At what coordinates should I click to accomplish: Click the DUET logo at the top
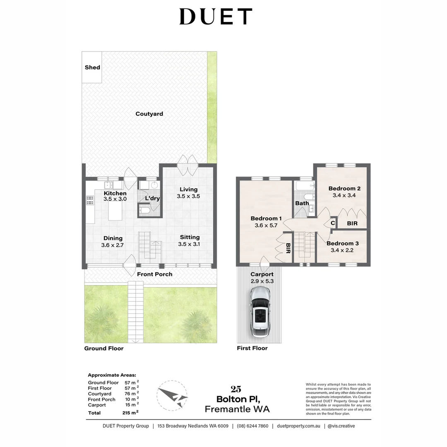pyautogui.click(x=216, y=17)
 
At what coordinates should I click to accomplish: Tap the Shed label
pyautogui.click(x=92, y=67)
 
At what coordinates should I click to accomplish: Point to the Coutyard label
pyautogui.click(x=149, y=114)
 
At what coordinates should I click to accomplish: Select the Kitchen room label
pyautogui.click(x=115, y=193)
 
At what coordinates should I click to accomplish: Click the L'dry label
pyautogui.click(x=152, y=198)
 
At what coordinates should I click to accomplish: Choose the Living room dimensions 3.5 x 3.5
pyautogui.click(x=188, y=196)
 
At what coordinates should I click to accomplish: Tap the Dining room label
pyautogui.click(x=113, y=238)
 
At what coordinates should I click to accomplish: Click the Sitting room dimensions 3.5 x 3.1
pyautogui.click(x=190, y=244)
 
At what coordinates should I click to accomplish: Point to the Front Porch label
pyautogui.click(x=155, y=274)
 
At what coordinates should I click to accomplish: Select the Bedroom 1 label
pyautogui.click(x=266, y=219)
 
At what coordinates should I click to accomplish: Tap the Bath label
pyautogui.click(x=302, y=203)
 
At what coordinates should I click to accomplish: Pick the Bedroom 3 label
pyautogui.click(x=342, y=243)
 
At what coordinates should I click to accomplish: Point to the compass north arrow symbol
pyautogui.click(x=173, y=396)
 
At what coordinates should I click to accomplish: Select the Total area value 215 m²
pyautogui.click(x=130, y=413)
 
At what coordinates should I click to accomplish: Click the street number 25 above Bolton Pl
pyautogui.click(x=236, y=389)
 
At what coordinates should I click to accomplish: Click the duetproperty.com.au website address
pyautogui.click(x=299, y=426)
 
